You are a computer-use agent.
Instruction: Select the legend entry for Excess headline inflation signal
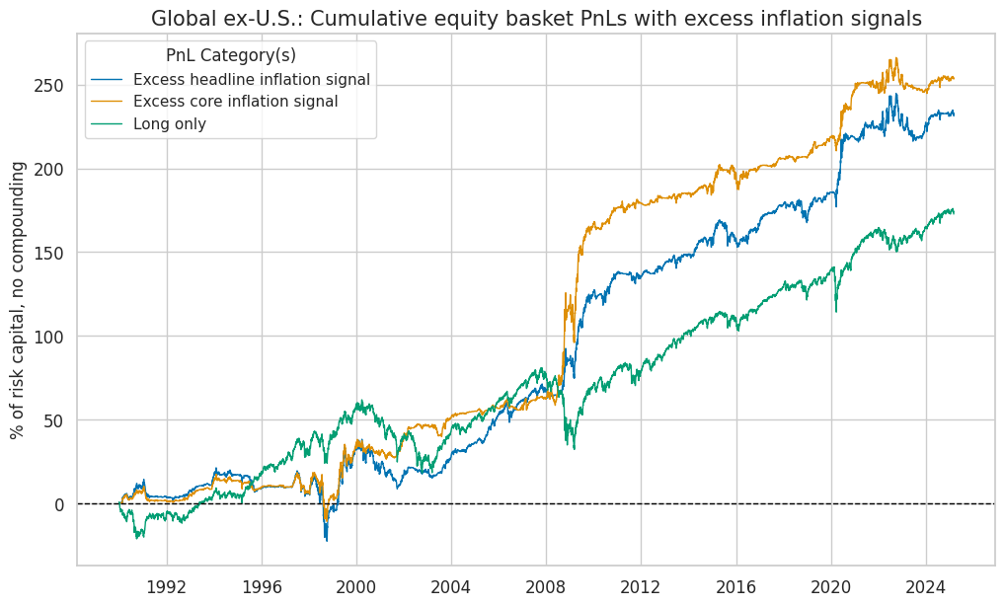pos(251,79)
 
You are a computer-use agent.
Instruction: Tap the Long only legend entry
pos(169,123)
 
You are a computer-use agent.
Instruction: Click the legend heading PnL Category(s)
pos(230,55)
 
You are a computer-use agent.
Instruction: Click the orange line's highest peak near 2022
pos(895,58)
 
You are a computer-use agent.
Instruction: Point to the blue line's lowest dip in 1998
pos(327,540)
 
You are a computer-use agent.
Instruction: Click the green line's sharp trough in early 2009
pos(575,448)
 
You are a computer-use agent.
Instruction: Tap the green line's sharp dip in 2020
pos(837,312)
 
